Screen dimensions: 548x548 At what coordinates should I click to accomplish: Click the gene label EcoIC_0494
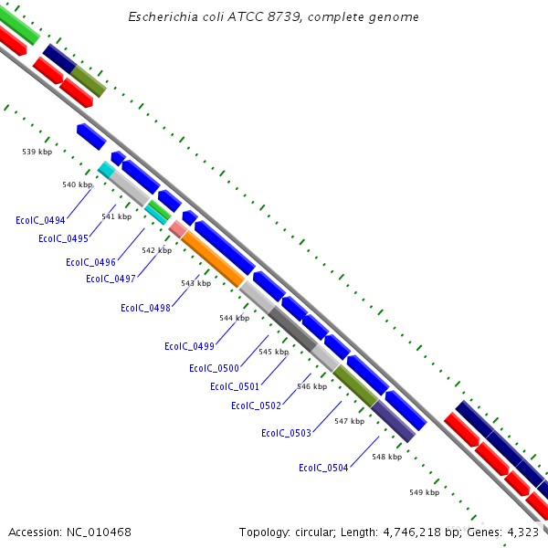pos(40,220)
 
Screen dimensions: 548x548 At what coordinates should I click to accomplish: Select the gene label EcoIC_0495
pos(63,238)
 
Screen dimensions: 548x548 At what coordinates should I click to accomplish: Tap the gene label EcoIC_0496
pos(90,262)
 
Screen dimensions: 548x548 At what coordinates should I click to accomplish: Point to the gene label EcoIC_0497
pos(111,279)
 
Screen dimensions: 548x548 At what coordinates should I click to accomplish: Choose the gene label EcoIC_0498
pos(145,308)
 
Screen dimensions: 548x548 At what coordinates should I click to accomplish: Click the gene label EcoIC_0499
pos(189,346)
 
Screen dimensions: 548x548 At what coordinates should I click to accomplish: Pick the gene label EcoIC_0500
pos(214,368)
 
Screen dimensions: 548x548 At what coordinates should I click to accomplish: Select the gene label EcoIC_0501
pos(235,386)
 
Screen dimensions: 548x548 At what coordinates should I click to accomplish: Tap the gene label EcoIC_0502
pos(256,406)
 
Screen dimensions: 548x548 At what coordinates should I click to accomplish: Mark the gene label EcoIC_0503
pos(286,433)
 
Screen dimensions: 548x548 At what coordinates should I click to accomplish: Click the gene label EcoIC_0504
pos(323,468)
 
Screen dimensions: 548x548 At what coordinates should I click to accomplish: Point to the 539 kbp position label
pos(37,152)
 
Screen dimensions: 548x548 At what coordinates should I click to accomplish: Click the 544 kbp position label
pos(234,318)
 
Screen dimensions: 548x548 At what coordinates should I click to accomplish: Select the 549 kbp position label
pos(424,492)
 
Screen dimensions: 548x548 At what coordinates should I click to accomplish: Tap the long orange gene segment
pos(212,259)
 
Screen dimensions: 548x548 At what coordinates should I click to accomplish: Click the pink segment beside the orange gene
pos(177,228)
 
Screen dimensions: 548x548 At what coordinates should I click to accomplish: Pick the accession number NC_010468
pos(100,532)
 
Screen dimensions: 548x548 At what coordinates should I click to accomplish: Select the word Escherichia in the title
pos(161,17)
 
